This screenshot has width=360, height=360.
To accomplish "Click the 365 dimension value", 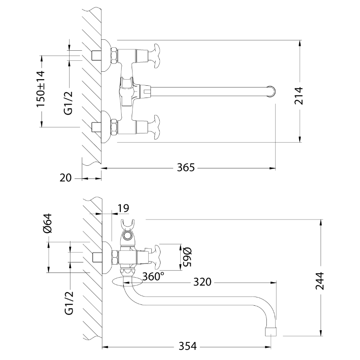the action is click(x=186, y=168).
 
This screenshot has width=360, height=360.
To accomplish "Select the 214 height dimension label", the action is click(x=299, y=96).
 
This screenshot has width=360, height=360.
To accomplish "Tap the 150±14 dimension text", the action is click(x=41, y=89).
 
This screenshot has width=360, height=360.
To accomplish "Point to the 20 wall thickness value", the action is click(x=66, y=178).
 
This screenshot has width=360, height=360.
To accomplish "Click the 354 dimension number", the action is click(x=188, y=346).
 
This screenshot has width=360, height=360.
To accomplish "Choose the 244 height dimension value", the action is click(x=320, y=281).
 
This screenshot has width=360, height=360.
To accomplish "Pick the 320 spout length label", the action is click(x=202, y=282).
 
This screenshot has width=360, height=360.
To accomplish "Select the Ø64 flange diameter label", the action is click(x=48, y=223).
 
